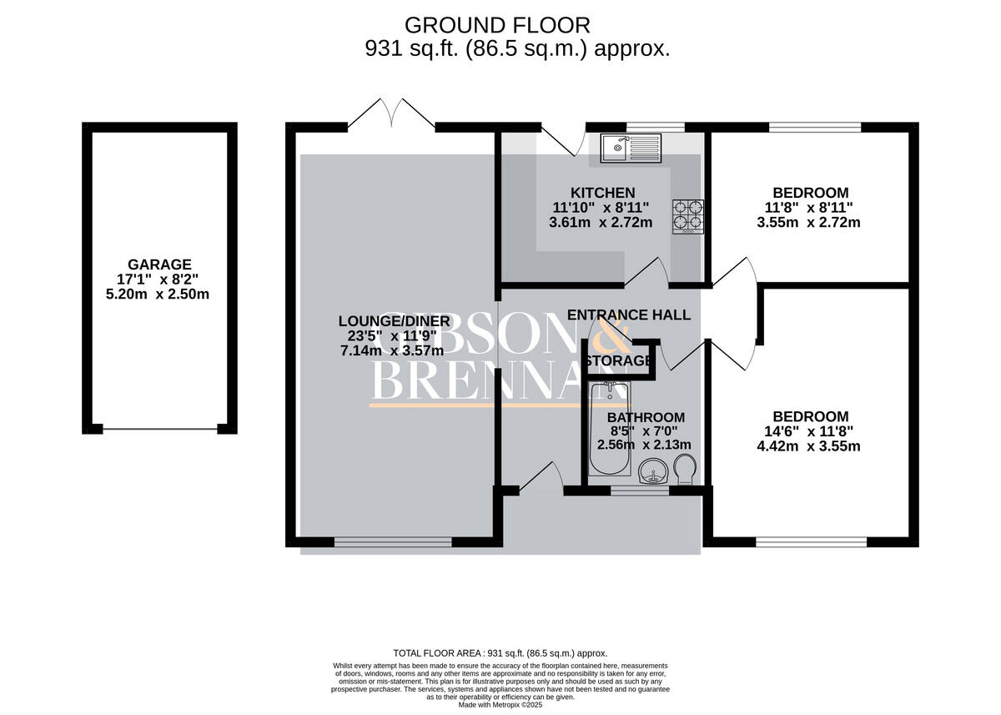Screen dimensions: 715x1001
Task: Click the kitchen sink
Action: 630,148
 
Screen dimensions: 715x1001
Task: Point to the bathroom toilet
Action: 685,469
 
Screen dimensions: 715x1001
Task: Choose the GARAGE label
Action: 159,264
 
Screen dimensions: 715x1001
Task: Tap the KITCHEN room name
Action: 602,193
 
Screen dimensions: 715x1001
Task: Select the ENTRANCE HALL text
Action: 629,315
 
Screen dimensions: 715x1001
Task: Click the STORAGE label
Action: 617,360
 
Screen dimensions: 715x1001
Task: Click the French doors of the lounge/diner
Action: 391,113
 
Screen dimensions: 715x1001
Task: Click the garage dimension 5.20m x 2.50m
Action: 159,294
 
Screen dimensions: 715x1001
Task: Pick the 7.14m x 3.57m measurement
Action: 392,350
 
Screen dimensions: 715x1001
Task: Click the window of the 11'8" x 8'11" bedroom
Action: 814,128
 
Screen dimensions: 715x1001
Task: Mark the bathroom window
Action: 639,491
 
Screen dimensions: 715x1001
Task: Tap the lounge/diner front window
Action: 393,542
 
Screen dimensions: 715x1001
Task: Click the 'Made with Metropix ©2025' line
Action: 500,704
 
